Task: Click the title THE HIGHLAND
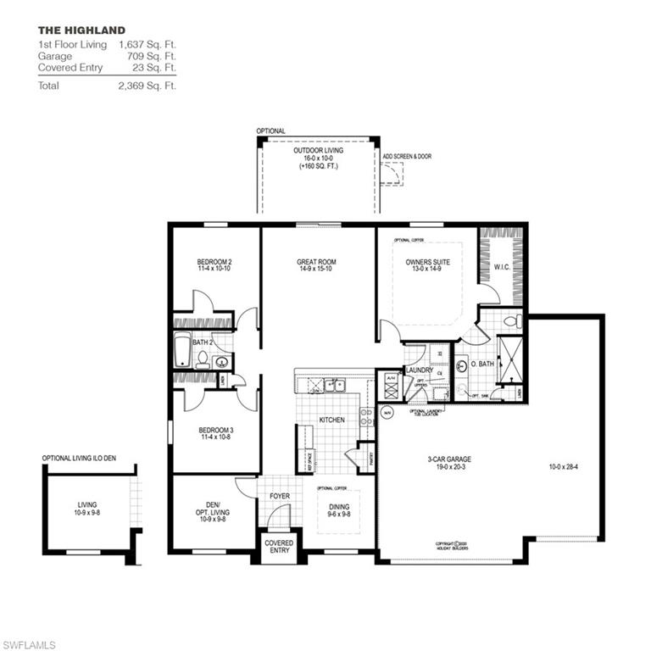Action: [81, 31]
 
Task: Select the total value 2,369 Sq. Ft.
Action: [148, 86]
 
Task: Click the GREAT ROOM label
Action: [317, 262]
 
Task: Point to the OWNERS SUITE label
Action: [428, 262]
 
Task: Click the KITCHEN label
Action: [331, 420]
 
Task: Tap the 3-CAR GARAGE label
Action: [449, 459]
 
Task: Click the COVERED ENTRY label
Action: [279, 547]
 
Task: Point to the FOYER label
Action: [280, 497]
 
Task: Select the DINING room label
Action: [339, 507]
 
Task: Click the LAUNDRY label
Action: [419, 370]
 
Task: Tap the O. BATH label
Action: [481, 365]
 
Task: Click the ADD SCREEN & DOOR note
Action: [407, 157]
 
